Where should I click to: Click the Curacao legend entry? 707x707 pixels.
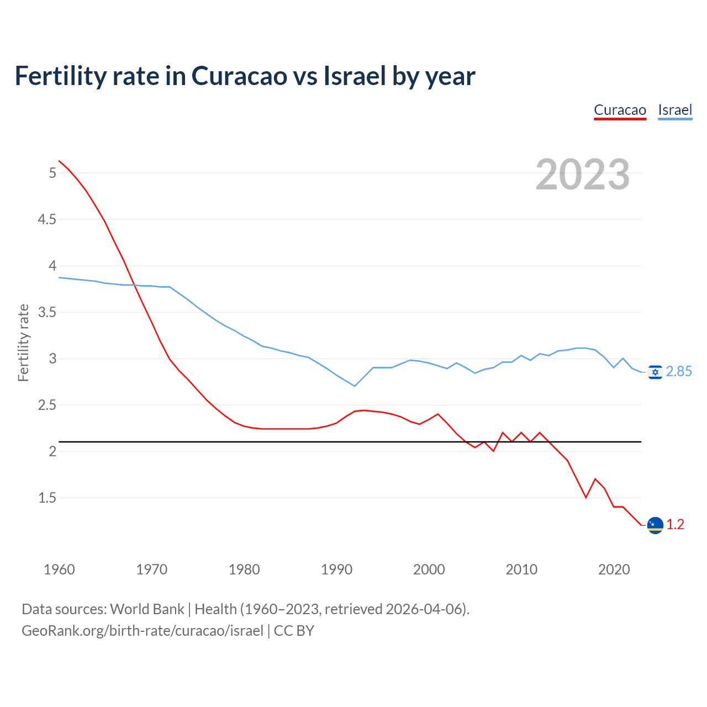(620, 110)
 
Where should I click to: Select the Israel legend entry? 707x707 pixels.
(675, 110)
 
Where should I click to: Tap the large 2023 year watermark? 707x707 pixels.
(583, 175)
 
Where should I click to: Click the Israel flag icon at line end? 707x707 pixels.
(655, 372)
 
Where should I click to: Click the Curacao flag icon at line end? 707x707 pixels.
(655, 525)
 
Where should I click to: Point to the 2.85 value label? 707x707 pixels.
(679, 372)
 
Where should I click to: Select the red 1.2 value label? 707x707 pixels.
(675, 524)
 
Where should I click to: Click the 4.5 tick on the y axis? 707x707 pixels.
(47, 220)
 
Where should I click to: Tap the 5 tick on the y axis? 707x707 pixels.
(52, 173)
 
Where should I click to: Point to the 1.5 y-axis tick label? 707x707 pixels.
(47, 498)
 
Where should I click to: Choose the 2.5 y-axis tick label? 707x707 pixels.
(47, 405)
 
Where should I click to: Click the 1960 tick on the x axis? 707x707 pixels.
(59, 569)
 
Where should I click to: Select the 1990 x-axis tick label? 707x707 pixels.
(336, 569)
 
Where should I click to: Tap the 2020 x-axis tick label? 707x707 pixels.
(614, 569)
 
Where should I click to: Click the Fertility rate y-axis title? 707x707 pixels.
(23, 342)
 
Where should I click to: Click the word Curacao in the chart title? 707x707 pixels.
(239, 76)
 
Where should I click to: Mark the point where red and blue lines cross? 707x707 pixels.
(134, 285)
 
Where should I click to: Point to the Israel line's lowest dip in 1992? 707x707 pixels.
(355, 386)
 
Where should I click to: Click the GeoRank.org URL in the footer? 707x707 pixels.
(143, 631)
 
